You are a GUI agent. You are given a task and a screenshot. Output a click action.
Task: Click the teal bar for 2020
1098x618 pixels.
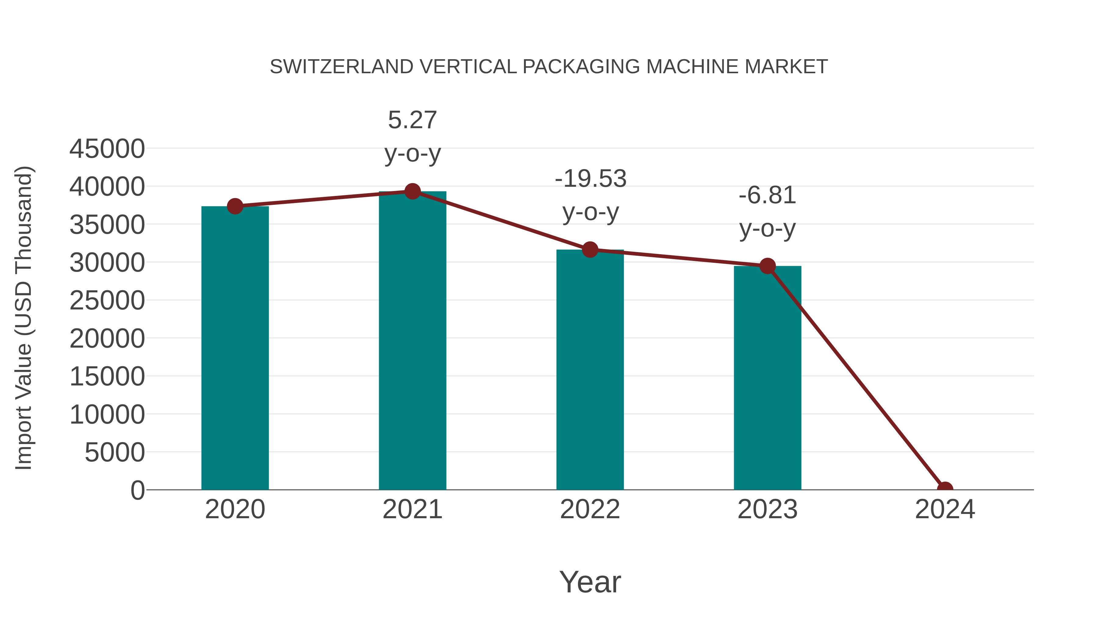(x=235, y=348)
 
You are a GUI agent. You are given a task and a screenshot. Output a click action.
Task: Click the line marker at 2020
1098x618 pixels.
(x=235, y=206)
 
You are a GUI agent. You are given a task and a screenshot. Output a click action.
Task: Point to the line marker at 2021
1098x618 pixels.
(x=412, y=191)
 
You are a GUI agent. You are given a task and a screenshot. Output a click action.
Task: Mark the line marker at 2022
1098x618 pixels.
(x=590, y=250)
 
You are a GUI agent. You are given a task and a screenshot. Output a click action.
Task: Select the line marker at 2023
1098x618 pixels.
(x=767, y=266)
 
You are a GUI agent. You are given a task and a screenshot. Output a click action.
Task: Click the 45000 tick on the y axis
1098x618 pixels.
(x=107, y=149)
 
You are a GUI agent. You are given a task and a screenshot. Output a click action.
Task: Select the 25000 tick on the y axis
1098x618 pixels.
(x=107, y=301)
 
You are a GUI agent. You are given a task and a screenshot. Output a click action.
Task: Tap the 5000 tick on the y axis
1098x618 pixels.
(x=115, y=453)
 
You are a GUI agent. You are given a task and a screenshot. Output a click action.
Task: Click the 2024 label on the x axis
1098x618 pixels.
(x=945, y=509)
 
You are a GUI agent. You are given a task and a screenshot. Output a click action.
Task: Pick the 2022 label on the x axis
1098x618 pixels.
(x=590, y=509)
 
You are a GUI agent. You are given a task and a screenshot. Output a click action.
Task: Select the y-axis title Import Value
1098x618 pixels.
(x=23, y=318)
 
